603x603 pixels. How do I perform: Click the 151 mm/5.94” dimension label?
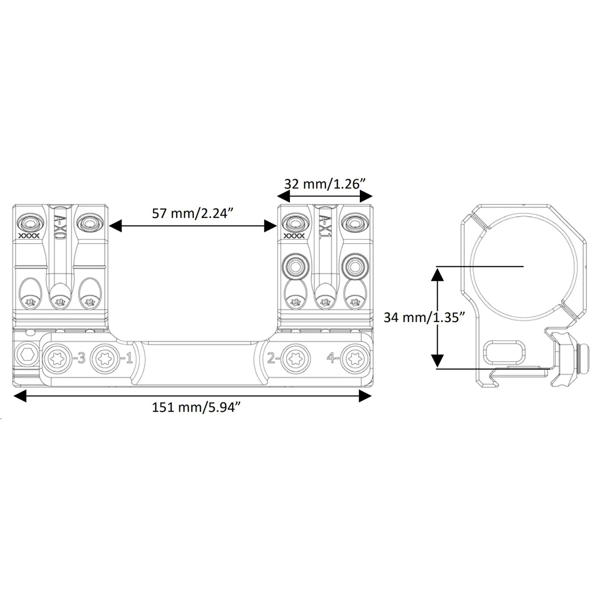point(196,408)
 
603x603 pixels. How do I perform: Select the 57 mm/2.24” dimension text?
point(193,214)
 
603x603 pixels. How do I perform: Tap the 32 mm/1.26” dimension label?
point(325,184)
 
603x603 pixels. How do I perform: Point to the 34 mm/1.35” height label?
point(424,318)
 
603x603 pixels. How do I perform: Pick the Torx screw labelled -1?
point(105,359)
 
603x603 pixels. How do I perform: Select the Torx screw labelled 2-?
point(295,359)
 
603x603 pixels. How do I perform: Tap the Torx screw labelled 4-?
point(355,359)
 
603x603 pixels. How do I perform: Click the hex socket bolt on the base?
point(27,355)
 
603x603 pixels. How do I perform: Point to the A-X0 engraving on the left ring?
point(59,228)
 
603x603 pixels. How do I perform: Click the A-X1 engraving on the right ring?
point(325,228)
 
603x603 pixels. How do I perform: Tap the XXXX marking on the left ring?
point(29,236)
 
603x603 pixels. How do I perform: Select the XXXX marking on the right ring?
point(293,236)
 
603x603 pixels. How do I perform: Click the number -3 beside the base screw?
point(79,359)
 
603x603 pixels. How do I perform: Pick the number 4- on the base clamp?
point(332,358)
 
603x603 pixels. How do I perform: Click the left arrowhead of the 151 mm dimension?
point(20,396)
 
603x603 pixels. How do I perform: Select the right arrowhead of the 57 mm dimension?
point(271,226)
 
